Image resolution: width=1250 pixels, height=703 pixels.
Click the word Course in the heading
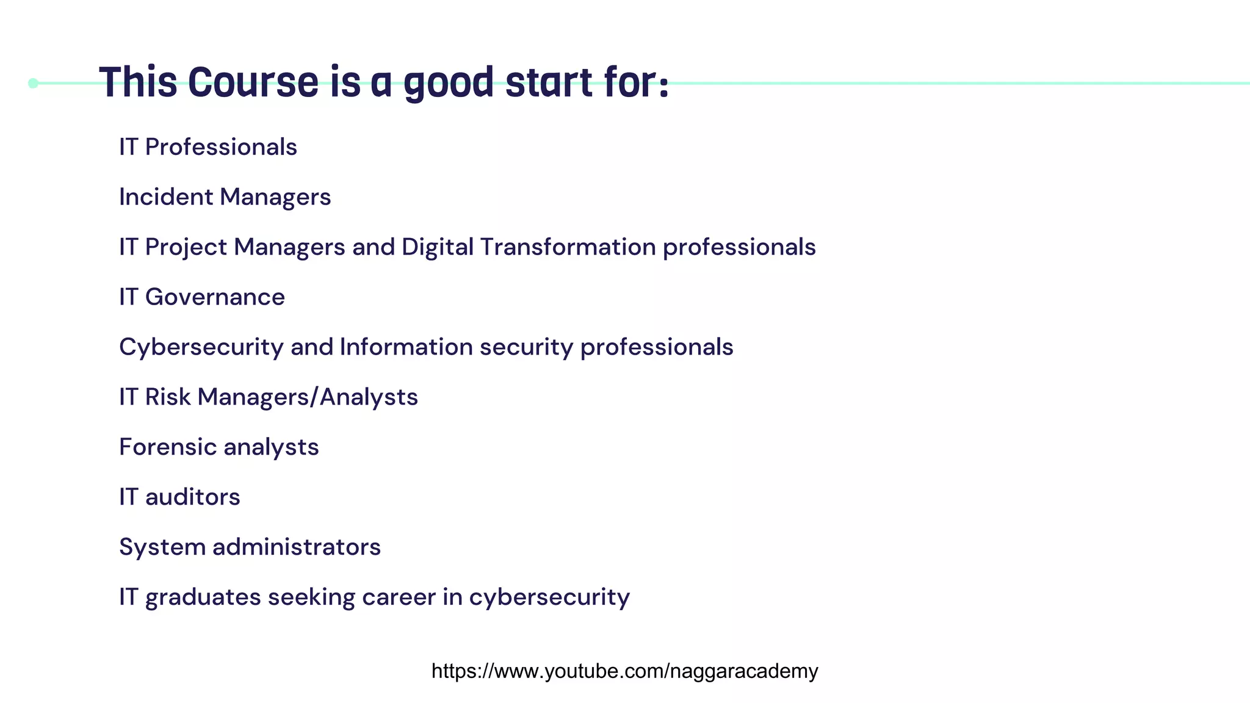point(253,82)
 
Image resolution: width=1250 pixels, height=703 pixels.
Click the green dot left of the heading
point(33,83)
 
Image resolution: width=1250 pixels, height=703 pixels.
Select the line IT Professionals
point(208,147)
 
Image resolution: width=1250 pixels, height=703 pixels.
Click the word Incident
point(166,197)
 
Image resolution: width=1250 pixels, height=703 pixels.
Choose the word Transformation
point(568,247)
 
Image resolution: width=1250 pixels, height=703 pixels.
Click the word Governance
point(215,297)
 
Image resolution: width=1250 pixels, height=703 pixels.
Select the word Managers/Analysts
point(308,397)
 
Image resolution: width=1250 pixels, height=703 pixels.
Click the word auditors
point(192,497)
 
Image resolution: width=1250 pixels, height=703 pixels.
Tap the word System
point(162,547)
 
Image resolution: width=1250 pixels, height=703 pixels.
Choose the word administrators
point(296,547)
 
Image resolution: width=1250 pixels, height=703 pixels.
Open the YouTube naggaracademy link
point(624,671)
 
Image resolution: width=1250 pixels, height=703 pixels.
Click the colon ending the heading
point(663,86)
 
